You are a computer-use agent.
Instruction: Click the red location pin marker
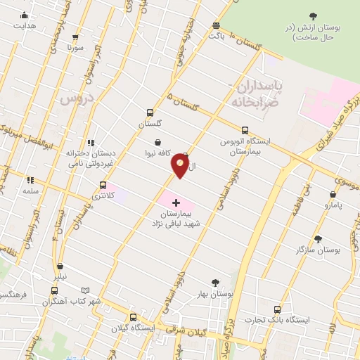click(x=180, y=165)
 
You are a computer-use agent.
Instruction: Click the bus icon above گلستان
click(x=149, y=112)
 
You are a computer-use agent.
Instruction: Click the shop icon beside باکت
click(x=216, y=26)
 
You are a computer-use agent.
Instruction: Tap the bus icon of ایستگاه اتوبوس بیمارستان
click(x=245, y=130)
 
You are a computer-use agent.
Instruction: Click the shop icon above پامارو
click(x=333, y=194)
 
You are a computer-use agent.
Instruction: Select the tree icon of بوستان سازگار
click(x=318, y=239)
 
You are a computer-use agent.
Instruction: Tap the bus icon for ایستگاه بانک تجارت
click(x=277, y=309)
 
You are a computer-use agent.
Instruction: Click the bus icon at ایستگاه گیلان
click(x=132, y=317)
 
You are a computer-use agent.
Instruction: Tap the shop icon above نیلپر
click(x=60, y=266)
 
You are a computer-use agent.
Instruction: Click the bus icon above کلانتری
click(x=103, y=185)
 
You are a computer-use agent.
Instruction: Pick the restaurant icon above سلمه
click(x=30, y=180)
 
